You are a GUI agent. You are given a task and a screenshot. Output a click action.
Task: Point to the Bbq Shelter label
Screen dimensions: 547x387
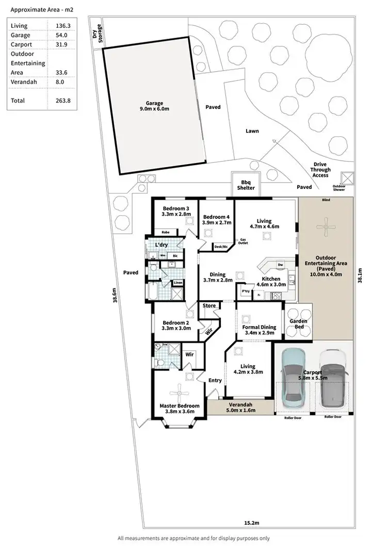[x=247, y=185]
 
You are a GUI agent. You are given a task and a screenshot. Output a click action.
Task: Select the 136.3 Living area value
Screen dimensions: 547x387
[x=63, y=26]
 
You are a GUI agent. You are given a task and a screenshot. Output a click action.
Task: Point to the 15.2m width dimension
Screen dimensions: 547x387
[x=251, y=523]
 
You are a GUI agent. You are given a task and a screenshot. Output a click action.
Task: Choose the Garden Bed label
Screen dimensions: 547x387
[x=298, y=324]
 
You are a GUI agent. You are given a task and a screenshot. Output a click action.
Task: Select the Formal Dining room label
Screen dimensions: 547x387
[x=259, y=330]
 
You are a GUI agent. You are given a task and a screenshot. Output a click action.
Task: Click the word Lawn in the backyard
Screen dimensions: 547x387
[x=252, y=131]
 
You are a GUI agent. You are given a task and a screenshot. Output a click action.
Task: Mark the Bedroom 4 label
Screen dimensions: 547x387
[x=217, y=219]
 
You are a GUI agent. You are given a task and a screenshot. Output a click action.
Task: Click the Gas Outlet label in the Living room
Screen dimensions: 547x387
[x=242, y=242]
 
